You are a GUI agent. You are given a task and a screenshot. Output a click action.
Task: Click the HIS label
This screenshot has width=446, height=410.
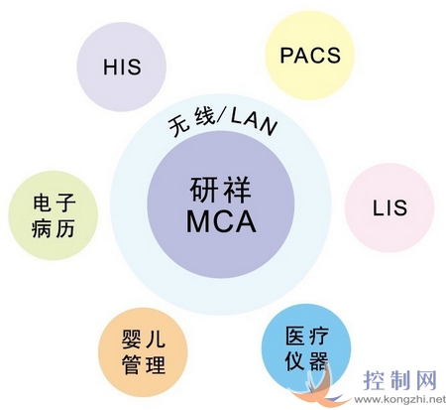122,67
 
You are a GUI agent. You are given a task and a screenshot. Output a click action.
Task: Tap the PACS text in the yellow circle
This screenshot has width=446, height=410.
310,56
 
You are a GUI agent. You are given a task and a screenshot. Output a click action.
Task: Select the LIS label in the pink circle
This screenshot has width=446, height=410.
390,207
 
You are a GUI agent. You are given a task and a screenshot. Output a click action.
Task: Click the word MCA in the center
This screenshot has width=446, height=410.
221,221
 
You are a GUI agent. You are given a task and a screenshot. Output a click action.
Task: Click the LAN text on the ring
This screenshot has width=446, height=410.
254,122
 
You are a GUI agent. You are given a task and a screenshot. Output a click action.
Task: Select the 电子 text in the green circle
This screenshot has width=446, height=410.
55,203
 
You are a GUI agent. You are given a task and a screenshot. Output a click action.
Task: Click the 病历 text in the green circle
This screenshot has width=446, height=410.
54,228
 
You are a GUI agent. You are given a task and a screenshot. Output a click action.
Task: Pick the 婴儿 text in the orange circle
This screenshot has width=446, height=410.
144,339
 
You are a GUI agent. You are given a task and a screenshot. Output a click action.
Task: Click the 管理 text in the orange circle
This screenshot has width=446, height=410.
144,364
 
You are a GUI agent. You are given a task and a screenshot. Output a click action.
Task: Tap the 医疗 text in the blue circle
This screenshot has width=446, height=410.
307,337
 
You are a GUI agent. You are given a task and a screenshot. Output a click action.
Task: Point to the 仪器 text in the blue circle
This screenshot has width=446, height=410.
306,360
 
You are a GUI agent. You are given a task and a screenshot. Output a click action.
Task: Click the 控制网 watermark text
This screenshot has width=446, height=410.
400,381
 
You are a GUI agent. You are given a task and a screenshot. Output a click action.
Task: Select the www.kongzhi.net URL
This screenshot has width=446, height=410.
400,400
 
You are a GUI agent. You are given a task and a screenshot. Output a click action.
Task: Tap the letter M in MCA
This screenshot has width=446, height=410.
198,221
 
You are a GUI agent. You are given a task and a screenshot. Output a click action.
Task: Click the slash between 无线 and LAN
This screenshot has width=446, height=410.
222,117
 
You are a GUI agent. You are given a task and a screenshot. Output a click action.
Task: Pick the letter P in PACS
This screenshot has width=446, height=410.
286,56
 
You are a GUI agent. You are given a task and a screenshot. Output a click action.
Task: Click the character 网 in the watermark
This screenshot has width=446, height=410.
425,381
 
